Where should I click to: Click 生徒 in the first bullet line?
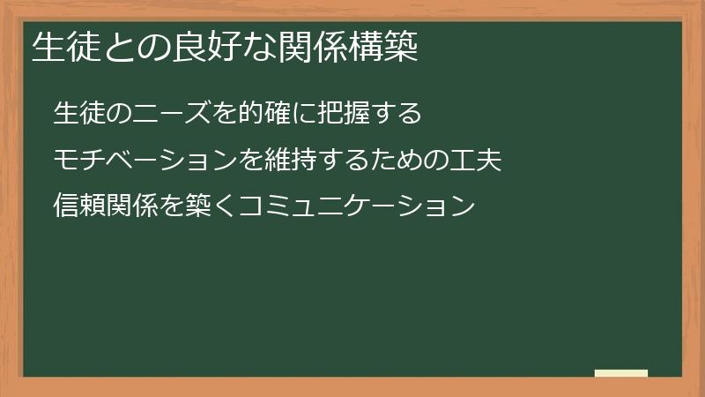point(79,114)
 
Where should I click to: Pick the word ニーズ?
point(172,114)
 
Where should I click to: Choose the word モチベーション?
point(145,161)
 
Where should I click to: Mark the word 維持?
point(291,161)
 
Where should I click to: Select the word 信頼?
point(79,208)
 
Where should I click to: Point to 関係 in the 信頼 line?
point(132,208)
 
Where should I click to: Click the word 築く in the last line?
point(211,208)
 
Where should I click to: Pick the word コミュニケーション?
point(357,208)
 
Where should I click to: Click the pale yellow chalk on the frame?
point(621,373)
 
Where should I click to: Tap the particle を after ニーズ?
point(225,114)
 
